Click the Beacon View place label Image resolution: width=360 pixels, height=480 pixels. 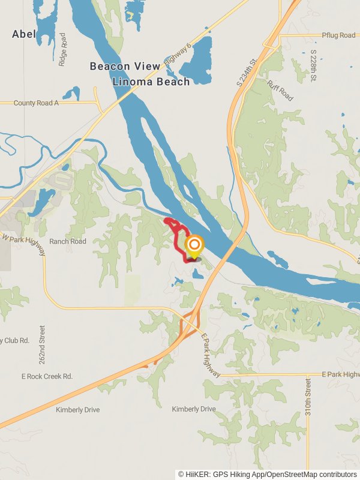(125, 66)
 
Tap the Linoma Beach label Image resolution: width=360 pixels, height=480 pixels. (156, 81)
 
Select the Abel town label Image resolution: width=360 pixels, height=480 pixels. (23, 34)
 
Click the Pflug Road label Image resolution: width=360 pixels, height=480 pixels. (338, 35)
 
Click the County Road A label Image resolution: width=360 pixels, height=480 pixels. (37, 103)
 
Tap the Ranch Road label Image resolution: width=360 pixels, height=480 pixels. (68, 241)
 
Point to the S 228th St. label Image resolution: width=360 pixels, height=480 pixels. (313, 66)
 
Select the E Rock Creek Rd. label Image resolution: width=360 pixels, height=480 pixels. (47, 376)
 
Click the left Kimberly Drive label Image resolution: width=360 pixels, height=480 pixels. (77, 410)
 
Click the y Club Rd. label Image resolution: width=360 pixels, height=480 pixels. (15, 340)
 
